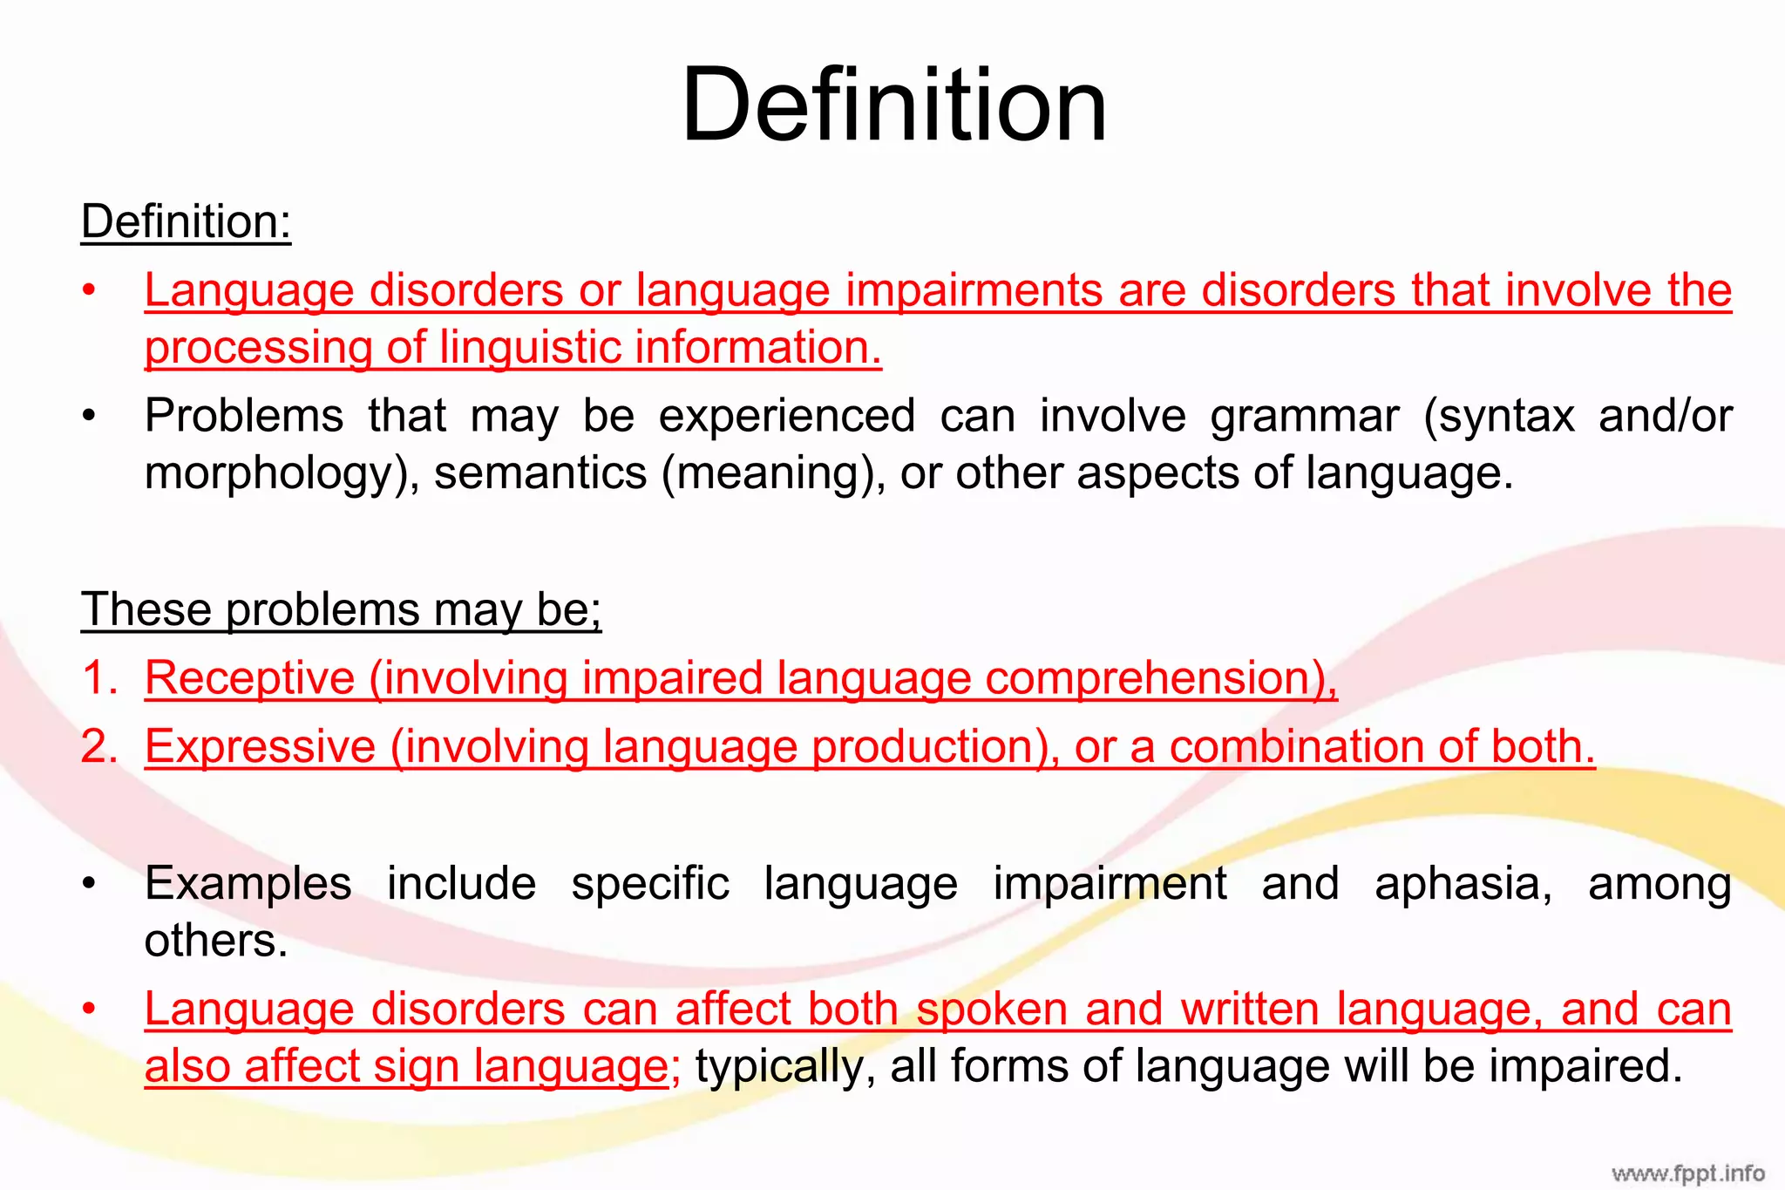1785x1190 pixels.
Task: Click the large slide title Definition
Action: coord(893,106)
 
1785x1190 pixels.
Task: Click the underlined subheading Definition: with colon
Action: coord(186,221)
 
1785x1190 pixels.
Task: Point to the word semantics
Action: coord(540,473)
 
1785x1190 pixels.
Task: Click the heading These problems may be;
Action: coord(341,609)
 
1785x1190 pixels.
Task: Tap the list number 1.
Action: coord(99,678)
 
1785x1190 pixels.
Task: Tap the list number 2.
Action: coord(99,747)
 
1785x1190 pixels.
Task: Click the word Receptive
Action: coord(250,678)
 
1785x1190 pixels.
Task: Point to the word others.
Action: coord(215,942)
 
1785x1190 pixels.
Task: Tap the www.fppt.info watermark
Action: coord(1687,1173)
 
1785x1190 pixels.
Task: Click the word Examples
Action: coord(248,884)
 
